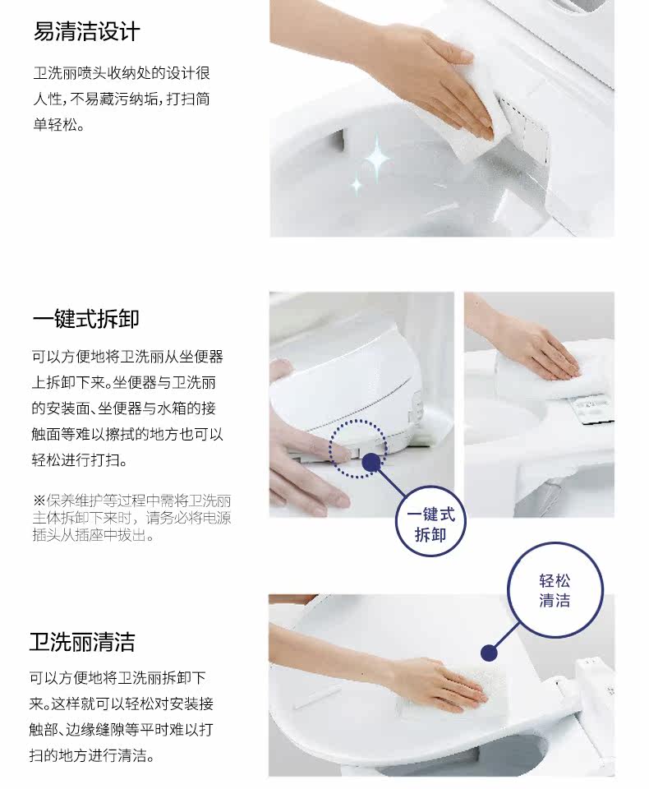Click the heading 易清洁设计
pos(86,31)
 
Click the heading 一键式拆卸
pos(86,319)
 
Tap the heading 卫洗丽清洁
pos(82,642)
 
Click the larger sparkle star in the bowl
pos(377,159)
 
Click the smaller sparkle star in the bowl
pos(357,185)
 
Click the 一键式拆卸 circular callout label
pos(430,521)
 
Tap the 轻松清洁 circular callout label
pos(555,590)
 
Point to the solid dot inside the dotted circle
pos(371,462)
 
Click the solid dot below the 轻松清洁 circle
pos(489,653)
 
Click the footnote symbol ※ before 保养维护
pos(39,501)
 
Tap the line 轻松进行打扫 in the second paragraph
pos(79,460)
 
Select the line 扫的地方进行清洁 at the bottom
pos(91,754)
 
